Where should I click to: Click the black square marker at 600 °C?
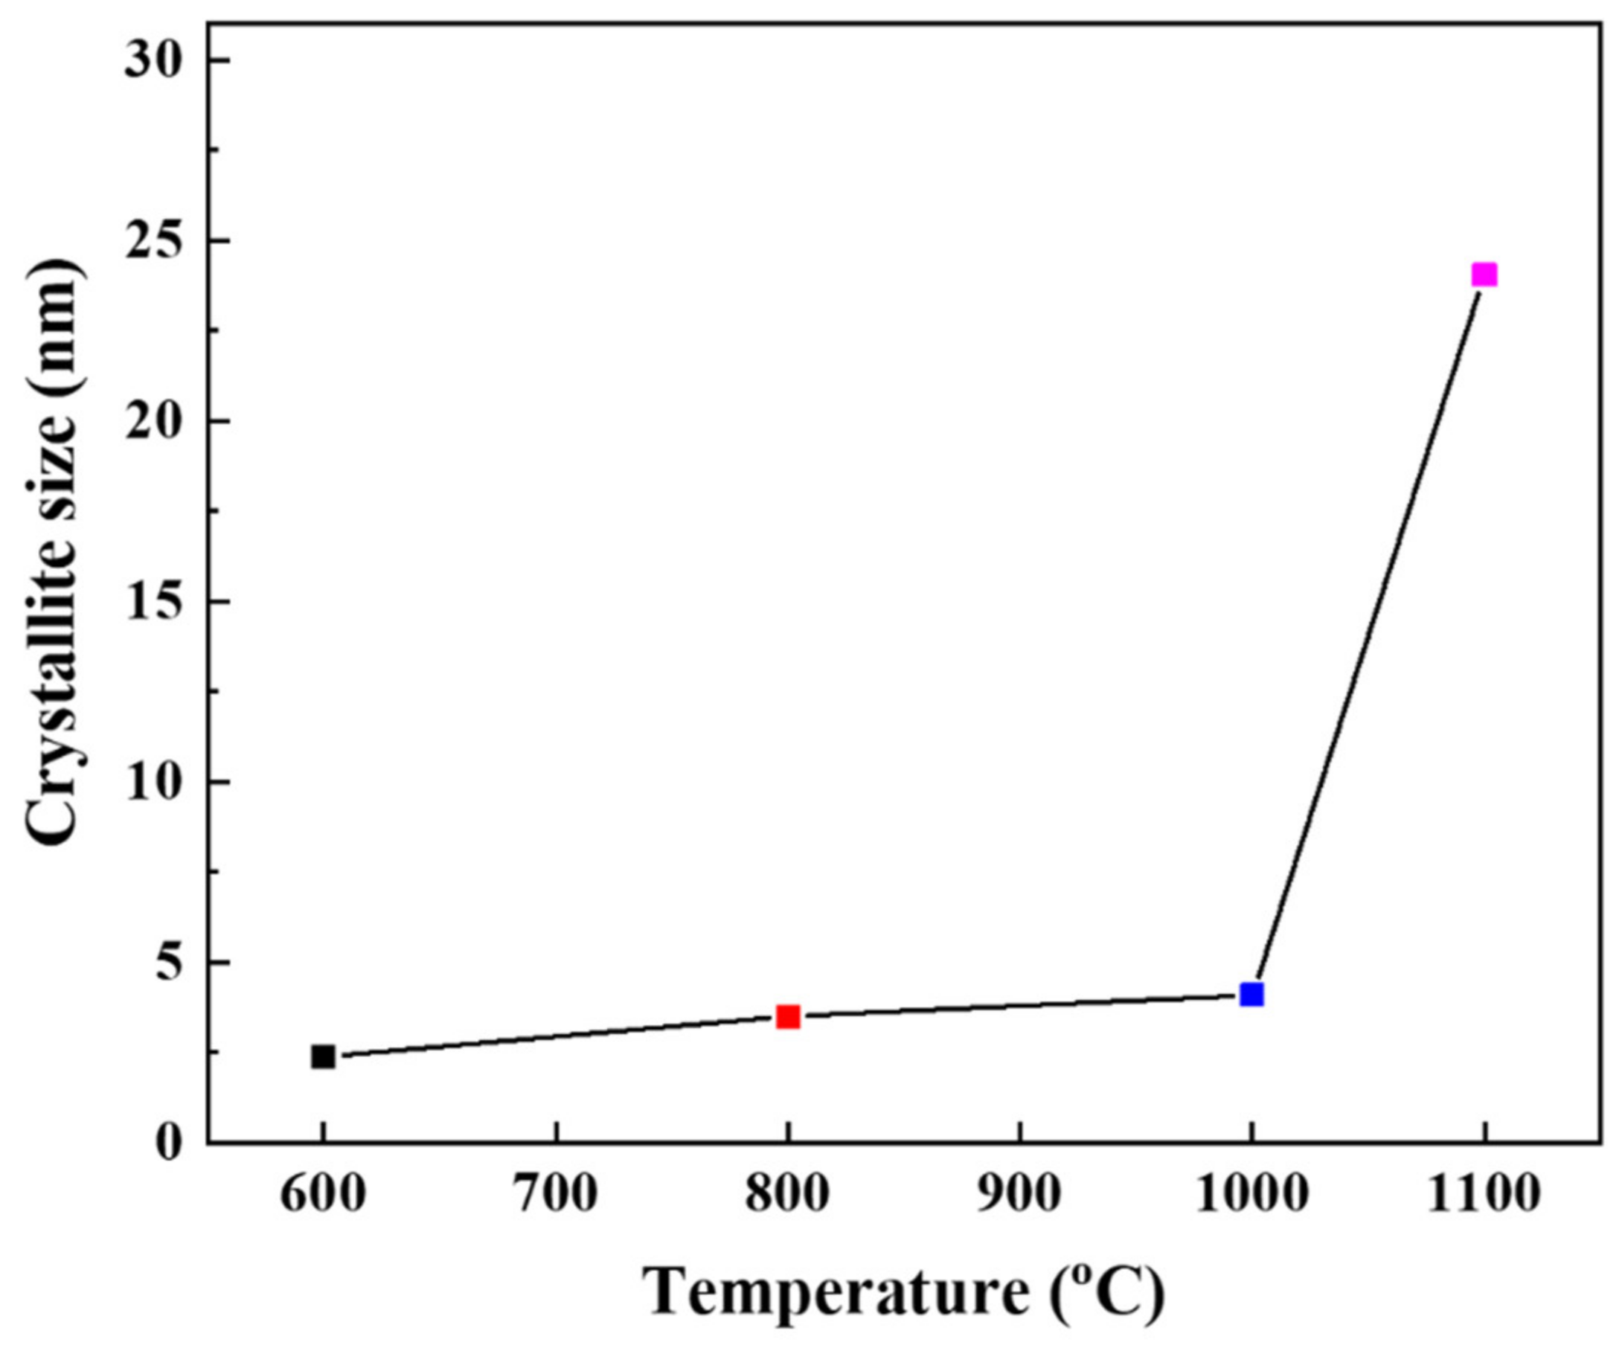click(323, 1056)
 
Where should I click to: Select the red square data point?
click(788, 1016)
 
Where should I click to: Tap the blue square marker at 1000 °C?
click(1251, 994)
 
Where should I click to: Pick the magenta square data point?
click(1484, 275)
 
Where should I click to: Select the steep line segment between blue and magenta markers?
click(1367, 633)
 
